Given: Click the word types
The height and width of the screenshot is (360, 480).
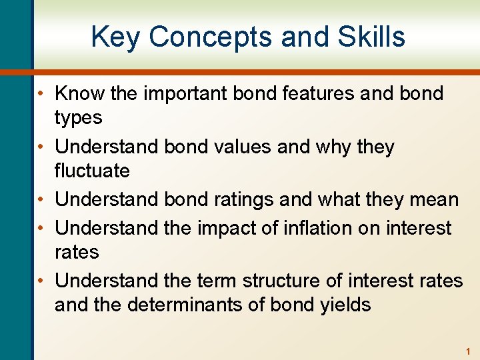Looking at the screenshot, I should coord(78,118).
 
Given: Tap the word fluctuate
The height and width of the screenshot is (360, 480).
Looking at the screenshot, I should coord(92,171).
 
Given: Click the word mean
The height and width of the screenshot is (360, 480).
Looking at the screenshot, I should coord(433,199).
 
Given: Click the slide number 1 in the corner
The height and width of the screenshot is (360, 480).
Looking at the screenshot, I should coord(468,351).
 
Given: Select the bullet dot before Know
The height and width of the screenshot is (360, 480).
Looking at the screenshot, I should coord(41,94).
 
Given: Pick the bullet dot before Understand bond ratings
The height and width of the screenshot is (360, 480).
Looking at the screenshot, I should coord(41,200).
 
